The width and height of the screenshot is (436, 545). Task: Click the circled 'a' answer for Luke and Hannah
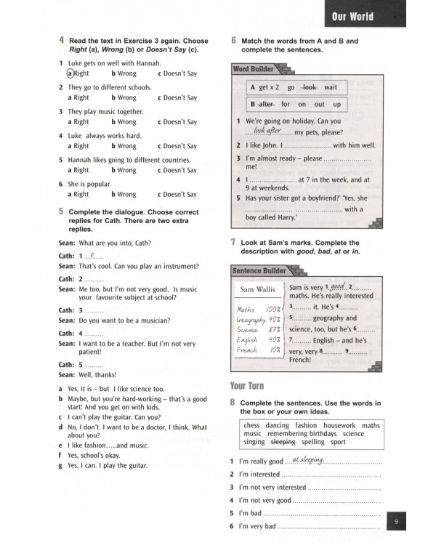click(x=70, y=73)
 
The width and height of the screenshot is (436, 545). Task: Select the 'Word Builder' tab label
click(x=254, y=69)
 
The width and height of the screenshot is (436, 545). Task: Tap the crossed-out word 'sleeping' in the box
click(x=283, y=441)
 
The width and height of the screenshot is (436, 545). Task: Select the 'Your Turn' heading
click(x=247, y=386)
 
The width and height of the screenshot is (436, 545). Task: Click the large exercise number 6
click(x=233, y=41)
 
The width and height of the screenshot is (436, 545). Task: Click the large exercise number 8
click(x=233, y=401)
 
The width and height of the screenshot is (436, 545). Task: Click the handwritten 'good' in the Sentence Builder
click(x=335, y=287)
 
